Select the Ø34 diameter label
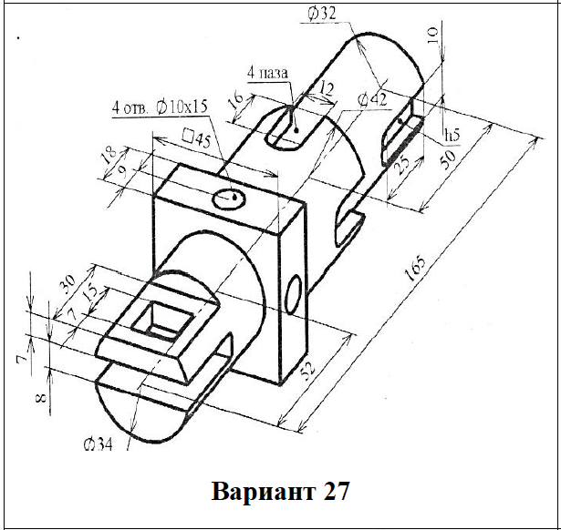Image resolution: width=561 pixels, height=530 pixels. click(98, 444)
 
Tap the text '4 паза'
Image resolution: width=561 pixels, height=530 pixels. click(268, 72)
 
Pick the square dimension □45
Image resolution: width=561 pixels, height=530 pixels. click(196, 138)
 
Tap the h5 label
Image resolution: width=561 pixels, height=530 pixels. click(449, 136)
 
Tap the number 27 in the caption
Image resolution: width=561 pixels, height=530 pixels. click(334, 492)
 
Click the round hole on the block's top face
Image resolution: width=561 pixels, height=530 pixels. click(226, 198)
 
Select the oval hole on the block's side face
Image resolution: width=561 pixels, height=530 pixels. click(293, 294)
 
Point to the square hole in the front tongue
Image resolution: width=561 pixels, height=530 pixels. click(161, 319)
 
